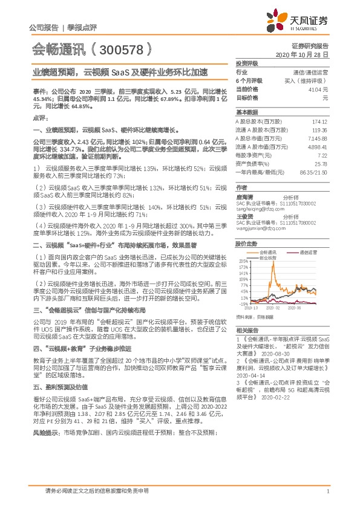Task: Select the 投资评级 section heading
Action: coord(247,63)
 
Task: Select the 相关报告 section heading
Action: coord(247,329)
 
